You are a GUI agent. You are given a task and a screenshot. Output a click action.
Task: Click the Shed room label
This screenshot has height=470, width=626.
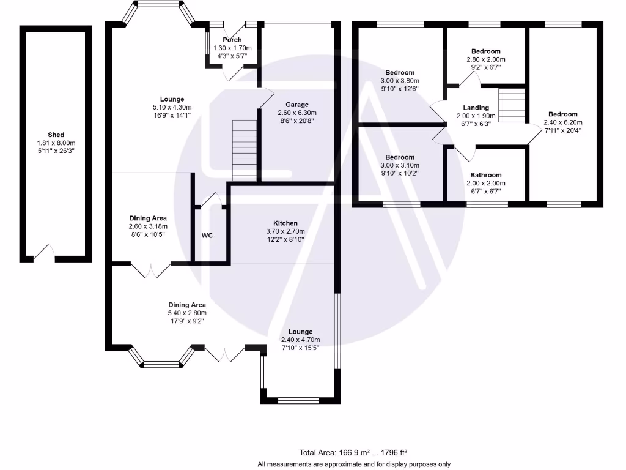click(x=56, y=135)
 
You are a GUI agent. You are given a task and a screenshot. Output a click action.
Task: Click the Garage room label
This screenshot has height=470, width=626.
click(x=297, y=105)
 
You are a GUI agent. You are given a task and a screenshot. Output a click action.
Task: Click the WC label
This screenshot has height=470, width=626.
click(x=207, y=236)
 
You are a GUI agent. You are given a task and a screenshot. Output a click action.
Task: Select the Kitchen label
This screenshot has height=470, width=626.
click(x=285, y=223)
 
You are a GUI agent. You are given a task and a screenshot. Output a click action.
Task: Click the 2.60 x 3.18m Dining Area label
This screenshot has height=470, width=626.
click(x=148, y=226)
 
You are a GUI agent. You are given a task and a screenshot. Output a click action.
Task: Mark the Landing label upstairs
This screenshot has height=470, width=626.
click(x=476, y=108)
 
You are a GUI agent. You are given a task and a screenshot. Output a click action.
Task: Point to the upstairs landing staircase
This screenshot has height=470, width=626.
click(x=512, y=105)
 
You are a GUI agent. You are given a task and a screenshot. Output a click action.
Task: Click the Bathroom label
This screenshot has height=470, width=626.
click(x=485, y=175)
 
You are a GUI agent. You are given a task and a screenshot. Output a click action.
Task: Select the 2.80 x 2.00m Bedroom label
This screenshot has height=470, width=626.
click(x=486, y=51)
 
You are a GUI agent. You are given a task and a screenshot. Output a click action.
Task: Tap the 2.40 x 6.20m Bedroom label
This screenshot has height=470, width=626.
click(x=562, y=114)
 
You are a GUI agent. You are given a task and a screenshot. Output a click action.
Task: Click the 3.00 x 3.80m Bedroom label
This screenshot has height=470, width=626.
click(x=400, y=72)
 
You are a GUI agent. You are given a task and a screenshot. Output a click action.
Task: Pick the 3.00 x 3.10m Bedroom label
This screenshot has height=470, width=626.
click(x=400, y=157)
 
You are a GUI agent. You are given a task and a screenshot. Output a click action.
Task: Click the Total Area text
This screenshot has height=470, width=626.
click(x=353, y=453)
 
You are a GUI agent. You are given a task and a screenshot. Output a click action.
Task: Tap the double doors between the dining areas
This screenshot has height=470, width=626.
click(x=151, y=269)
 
